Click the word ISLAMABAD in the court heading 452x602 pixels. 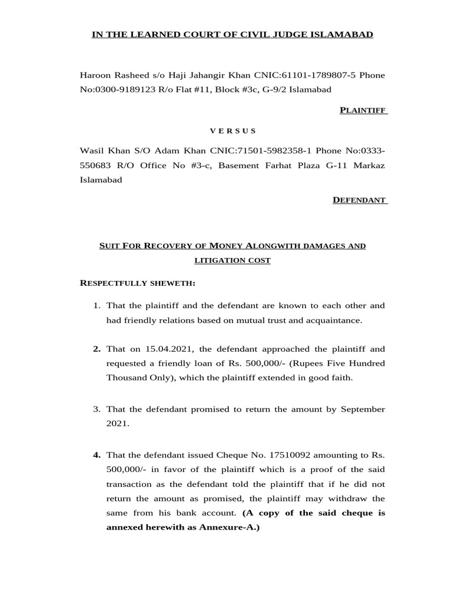pyautogui.click(x=347, y=35)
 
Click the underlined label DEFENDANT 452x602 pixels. pyautogui.click(x=360, y=200)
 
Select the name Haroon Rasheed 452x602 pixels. pyautogui.click(x=107, y=76)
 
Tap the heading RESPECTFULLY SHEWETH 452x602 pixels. pyautogui.click(x=137, y=283)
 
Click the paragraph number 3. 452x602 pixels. pyautogui.click(x=97, y=409)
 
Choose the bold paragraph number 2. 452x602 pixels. pyautogui.click(x=97, y=349)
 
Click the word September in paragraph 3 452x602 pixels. pyautogui.click(x=362, y=409)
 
